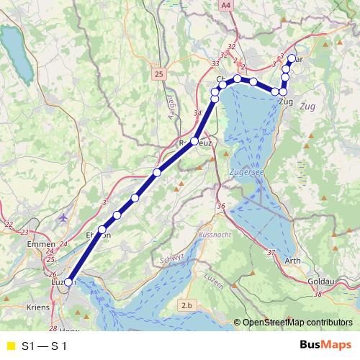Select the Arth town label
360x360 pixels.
coord(293,261)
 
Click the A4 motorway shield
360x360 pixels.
coord(227,5)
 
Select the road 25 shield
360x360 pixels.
coord(159,73)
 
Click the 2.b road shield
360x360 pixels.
coord(187,306)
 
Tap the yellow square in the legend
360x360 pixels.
coord(10,346)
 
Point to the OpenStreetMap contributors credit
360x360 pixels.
coord(297,323)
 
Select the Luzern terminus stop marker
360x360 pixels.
coord(68,283)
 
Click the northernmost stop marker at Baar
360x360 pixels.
coord(292,59)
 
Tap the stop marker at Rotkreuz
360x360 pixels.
coord(194,142)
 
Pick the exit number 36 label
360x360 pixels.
coord(221,207)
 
